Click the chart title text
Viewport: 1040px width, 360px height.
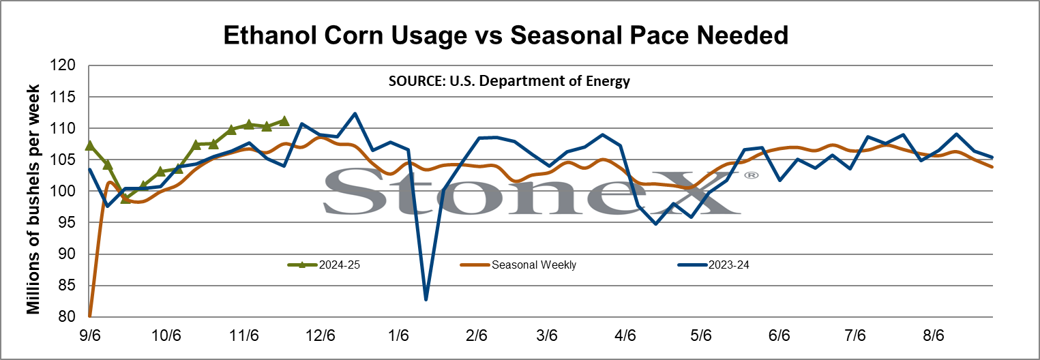505,35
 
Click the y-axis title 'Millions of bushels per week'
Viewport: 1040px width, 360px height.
33,200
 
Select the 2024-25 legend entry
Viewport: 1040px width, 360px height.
324,265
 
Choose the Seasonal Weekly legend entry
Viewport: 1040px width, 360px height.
518,265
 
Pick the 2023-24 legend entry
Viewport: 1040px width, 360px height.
713,265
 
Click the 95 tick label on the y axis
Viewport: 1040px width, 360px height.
65,223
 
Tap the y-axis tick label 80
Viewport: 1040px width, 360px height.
65,316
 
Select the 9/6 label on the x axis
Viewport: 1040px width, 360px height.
90,335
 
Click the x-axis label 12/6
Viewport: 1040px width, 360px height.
321,335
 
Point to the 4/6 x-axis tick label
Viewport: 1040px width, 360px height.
625,335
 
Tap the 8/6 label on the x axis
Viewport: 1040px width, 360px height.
934,335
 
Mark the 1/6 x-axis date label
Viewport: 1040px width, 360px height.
398,335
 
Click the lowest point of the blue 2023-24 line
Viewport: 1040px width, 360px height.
426,300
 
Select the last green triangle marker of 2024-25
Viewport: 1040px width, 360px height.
284,121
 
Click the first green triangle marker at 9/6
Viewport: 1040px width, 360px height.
89,145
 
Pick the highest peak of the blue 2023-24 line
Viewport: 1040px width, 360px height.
355,113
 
